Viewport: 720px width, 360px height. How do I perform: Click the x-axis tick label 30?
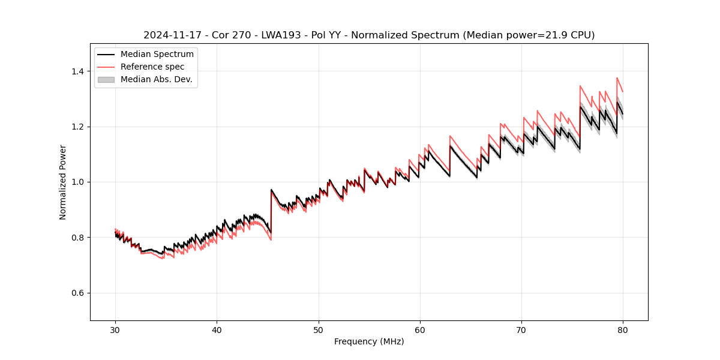[x=115, y=329]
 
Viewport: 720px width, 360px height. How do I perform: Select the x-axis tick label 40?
[x=217, y=329]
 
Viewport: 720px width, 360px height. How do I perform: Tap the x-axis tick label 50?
[x=319, y=329]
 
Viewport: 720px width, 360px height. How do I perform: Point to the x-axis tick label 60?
[x=420, y=329]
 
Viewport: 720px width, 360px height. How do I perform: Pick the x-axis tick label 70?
[x=521, y=329]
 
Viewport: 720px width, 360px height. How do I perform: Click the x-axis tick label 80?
[x=623, y=329]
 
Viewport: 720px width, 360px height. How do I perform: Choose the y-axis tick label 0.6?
[x=77, y=293]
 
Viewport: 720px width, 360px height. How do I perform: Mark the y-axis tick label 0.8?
[x=77, y=238]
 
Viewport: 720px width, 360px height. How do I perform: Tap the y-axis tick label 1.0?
[x=77, y=182]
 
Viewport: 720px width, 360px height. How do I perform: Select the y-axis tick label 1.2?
[x=77, y=127]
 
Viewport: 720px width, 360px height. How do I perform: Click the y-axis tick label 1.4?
[x=77, y=71]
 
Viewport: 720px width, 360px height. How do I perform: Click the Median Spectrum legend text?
[x=157, y=55]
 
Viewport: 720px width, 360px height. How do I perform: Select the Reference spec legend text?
[x=152, y=67]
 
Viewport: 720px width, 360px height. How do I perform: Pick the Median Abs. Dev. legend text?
[x=156, y=79]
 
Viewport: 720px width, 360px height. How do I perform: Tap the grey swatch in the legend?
[x=106, y=79]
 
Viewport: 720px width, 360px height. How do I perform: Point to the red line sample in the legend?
[x=106, y=67]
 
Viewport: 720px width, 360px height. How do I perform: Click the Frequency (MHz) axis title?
[x=369, y=341]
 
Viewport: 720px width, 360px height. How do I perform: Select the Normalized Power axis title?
[x=62, y=182]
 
